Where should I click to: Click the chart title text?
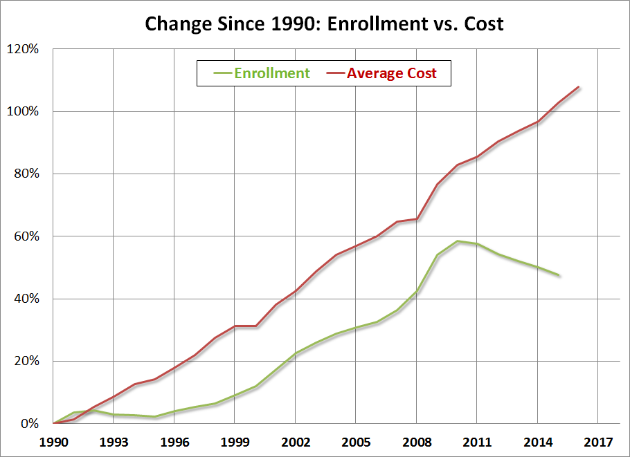click(323, 24)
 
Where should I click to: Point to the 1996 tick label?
click(174, 440)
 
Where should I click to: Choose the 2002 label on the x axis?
click(295, 440)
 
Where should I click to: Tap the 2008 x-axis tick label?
click(416, 440)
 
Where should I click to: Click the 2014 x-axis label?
click(537, 440)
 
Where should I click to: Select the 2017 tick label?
click(597, 440)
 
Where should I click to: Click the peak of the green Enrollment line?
click(457, 241)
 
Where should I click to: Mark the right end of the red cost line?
click(578, 87)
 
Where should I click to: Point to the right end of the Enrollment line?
click(558, 275)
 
